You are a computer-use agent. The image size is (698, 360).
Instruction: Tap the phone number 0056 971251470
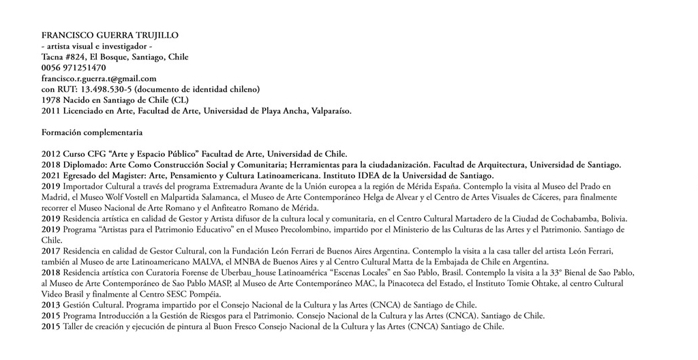coord(74,67)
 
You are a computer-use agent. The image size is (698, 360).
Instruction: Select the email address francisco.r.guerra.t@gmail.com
coord(99,78)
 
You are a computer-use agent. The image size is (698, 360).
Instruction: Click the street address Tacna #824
coord(65,57)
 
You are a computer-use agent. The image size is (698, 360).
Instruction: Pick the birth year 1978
coord(51,100)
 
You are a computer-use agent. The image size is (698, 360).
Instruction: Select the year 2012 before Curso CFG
coord(51,153)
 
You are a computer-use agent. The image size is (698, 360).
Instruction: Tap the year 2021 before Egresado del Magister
coord(51,175)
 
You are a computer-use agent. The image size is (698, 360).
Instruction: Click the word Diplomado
coord(85,164)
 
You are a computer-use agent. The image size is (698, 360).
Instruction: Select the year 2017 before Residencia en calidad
coord(51,251)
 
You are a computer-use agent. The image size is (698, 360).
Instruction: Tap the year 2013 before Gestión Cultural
coord(51,305)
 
